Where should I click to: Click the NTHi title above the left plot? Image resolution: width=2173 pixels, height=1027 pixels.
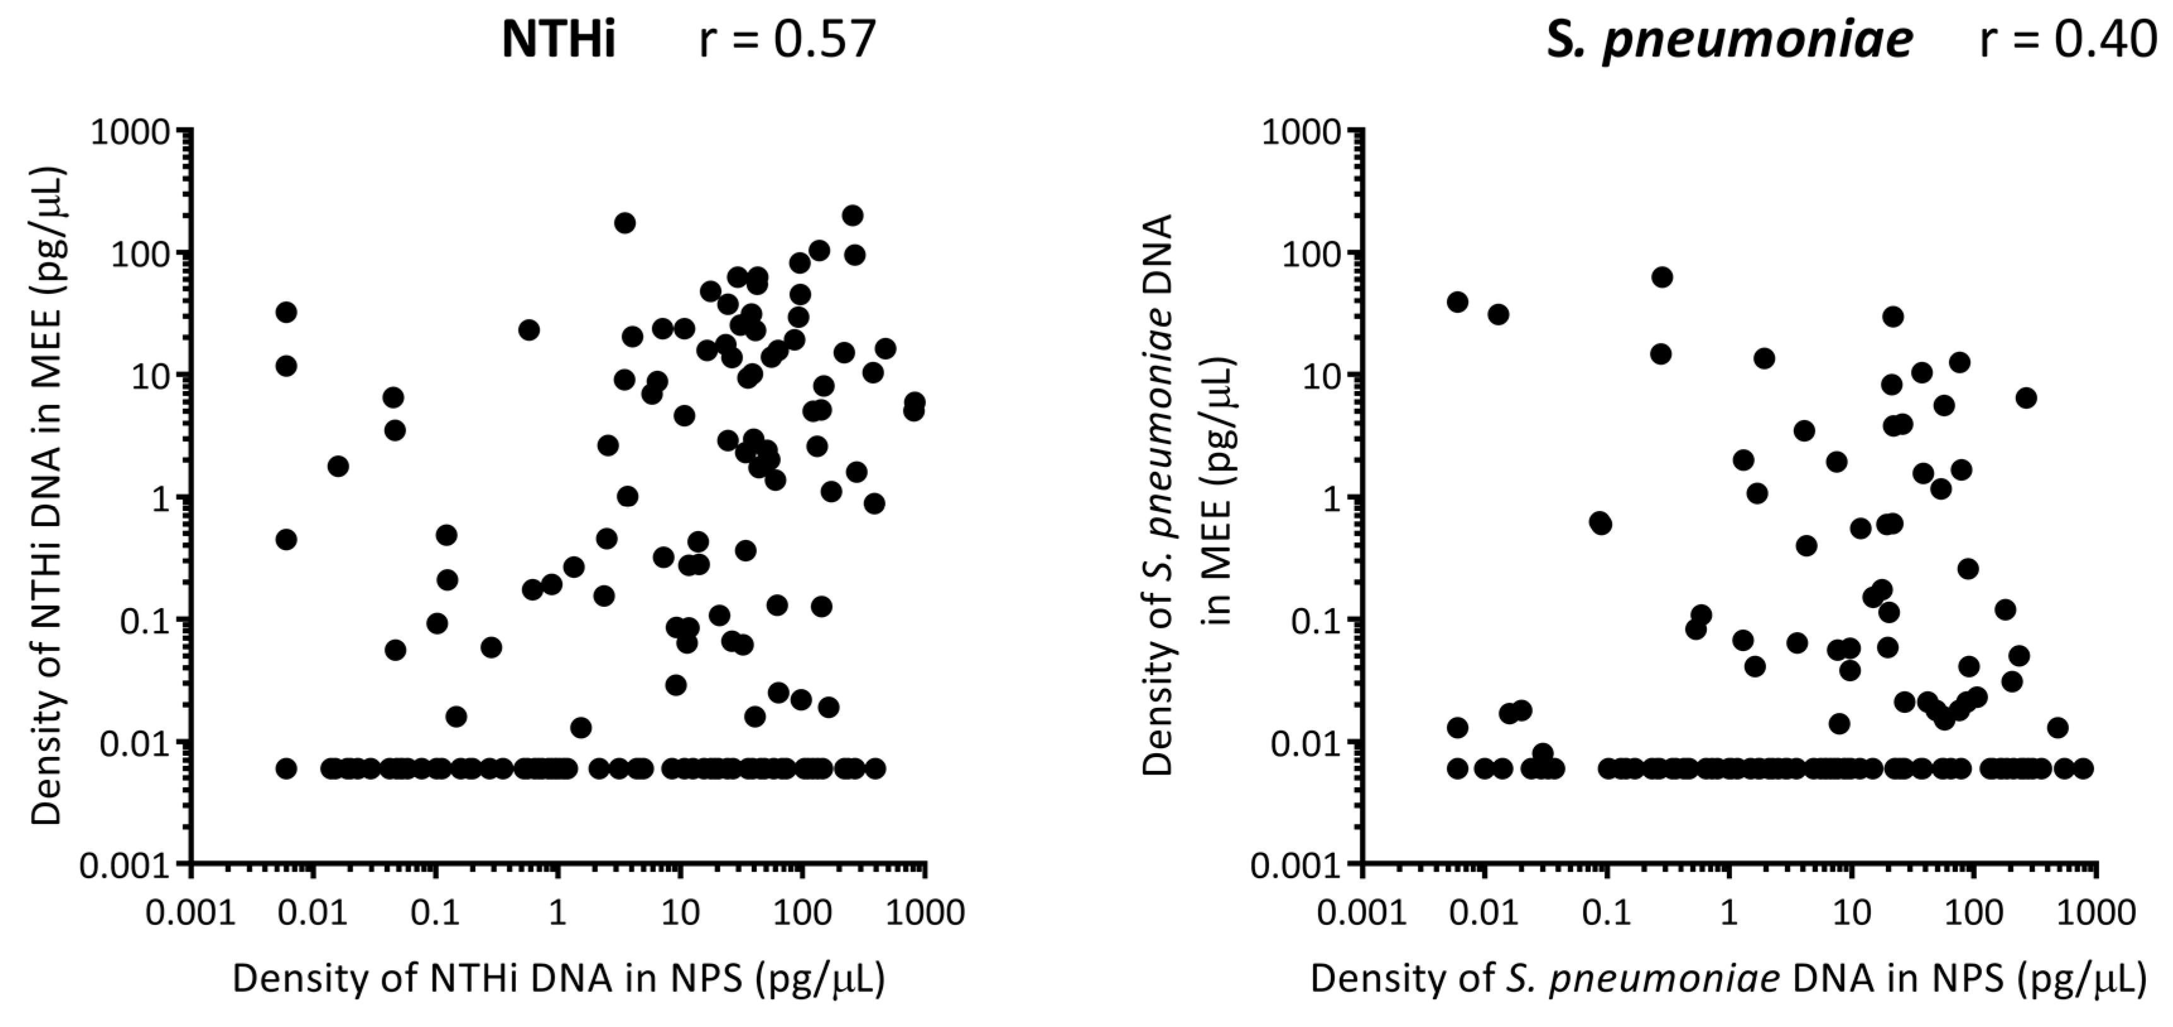pyautogui.click(x=558, y=40)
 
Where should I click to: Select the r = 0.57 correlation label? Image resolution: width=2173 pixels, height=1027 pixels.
pyautogui.click(x=787, y=40)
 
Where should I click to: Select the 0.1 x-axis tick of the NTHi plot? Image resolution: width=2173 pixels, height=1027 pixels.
pyautogui.click(x=435, y=912)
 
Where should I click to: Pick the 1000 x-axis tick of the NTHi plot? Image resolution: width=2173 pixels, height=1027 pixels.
pyautogui.click(x=925, y=912)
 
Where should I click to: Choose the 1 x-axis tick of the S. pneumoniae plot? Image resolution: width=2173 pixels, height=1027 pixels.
pyautogui.click(x=1730, y=912)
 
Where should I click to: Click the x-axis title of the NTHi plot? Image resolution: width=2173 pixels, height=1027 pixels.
pyautogui.click(x=558, y=979)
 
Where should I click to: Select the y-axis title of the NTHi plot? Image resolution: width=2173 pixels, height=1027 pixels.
pyautogui.click(x=48, y=498)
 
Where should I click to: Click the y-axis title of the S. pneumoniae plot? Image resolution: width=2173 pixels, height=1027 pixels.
pyautogui.click(x=1190, y=498)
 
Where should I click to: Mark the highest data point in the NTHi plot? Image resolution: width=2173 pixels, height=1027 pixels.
pyautogui.click(x=852, y=215)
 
